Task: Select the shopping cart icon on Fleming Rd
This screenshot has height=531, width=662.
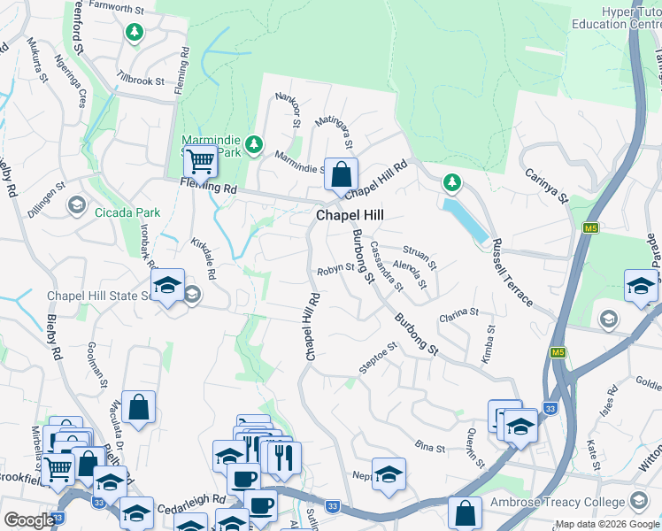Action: point(201,162)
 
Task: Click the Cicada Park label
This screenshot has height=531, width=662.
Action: point(129,212)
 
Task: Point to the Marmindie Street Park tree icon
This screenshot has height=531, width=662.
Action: point(255,143)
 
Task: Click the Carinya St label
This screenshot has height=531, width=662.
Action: point(545,188)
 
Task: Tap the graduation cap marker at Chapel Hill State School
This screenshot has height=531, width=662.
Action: point(167,285)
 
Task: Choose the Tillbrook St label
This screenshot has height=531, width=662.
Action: point(140,81)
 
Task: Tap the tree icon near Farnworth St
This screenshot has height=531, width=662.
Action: point(135,33)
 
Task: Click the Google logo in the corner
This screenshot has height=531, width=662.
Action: point(28,520)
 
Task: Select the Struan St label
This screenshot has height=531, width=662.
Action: point(420,257)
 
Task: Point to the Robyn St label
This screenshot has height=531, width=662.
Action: point(336,268)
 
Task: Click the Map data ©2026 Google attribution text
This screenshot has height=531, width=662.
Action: point(607,524)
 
